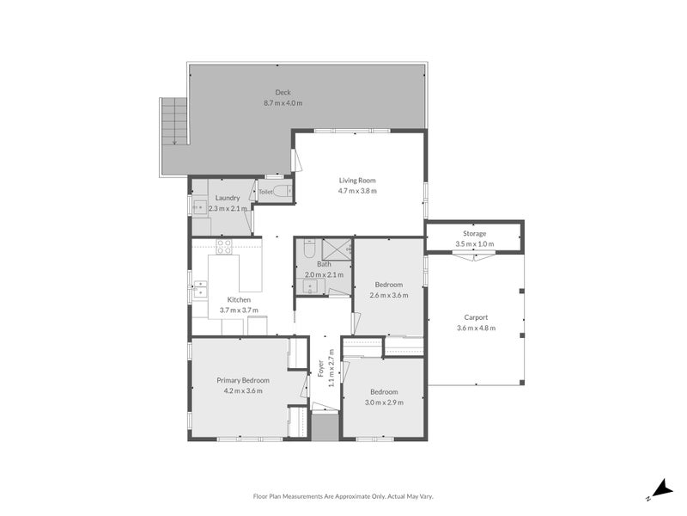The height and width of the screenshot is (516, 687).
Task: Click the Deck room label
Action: pyautogui.click(x=283, y=92)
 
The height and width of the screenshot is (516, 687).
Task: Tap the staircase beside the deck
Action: pyautogui.click(x=173, y=121)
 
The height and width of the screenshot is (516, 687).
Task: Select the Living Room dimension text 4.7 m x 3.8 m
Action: pyautogui.click(x=357, y=191)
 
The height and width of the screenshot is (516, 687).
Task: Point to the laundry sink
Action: pyautogui.click(x=198, y=207)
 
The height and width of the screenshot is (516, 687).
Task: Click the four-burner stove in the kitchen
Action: pyautogui.click(x=223, y=247)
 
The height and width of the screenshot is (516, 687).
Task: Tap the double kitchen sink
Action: pyautogui.click(x=199, y=288)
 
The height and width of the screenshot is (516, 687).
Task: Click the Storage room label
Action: pyautogui.click(x=475, y=233)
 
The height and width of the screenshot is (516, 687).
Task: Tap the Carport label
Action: pyautogui.click(x=475, y=316)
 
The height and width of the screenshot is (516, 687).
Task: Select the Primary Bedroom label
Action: pyautogui.click(x=243, y=380)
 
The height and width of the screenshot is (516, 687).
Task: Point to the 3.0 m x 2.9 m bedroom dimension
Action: pyautogui.click(x=384, y=402)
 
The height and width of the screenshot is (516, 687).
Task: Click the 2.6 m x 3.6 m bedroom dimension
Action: pyautogui.click(x=388, y=295)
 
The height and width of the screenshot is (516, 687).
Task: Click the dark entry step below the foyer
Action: pyautogui.click(x=325, y=427)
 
